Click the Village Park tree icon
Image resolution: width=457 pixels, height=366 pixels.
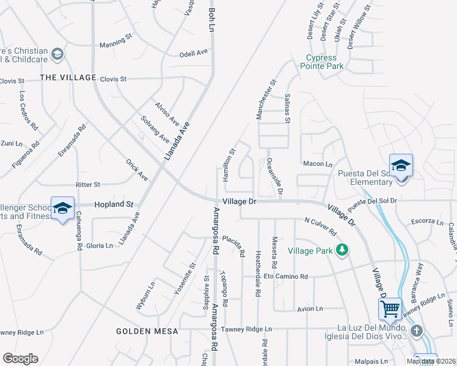coord(343,249)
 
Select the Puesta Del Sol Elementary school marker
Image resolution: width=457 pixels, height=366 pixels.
coord(401,166)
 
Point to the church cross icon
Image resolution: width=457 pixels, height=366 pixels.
coord(417,331)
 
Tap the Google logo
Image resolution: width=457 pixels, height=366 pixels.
coord(20,359)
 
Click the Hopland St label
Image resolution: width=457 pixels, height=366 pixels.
coord(114,204)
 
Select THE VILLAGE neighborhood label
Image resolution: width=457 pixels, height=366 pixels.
coord(68,77)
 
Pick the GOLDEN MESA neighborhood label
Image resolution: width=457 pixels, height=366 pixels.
coord(147,331)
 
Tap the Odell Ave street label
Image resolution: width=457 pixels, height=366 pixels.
coord(194,54)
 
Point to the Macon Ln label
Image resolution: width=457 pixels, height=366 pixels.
coord(317,164)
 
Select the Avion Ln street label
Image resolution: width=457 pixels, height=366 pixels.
coord(310,309)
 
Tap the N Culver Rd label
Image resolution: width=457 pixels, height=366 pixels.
coord(320,228)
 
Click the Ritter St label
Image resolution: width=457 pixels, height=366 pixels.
coord(88,184)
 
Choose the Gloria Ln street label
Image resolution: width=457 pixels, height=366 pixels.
coord(100,245)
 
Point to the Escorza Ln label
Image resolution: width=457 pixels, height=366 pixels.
coord(427,221)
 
